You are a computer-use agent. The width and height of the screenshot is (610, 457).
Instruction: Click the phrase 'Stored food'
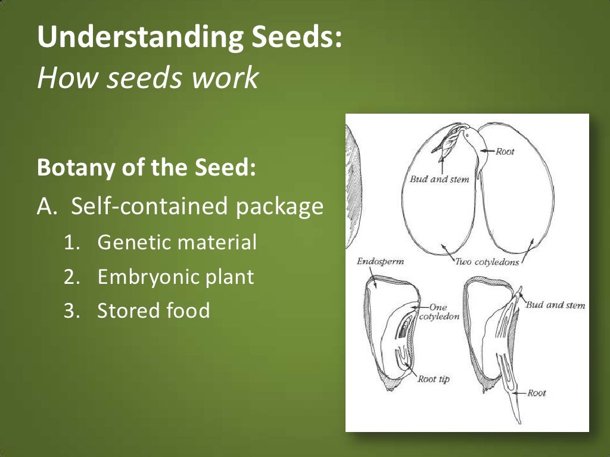click(x=154, y=311)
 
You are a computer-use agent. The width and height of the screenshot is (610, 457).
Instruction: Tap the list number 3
click(x=70, y=311)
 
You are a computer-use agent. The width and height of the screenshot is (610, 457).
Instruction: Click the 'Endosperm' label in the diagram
click(x=376, y=261)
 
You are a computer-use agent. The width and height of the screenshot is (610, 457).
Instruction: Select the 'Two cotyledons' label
click(x=487, y=262)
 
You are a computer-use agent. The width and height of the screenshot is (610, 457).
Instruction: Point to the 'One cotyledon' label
click(x=439, y=312)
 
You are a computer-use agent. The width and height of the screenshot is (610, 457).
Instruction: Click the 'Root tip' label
click(x=434, y=379)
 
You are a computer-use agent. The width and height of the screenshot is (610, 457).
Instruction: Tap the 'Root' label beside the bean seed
click(x=505, y=151)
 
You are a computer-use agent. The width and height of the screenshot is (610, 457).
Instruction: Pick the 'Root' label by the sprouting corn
click(x=537, y=393)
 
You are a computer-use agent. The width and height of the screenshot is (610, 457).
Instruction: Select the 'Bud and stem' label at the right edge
click(x=555, y=305)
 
